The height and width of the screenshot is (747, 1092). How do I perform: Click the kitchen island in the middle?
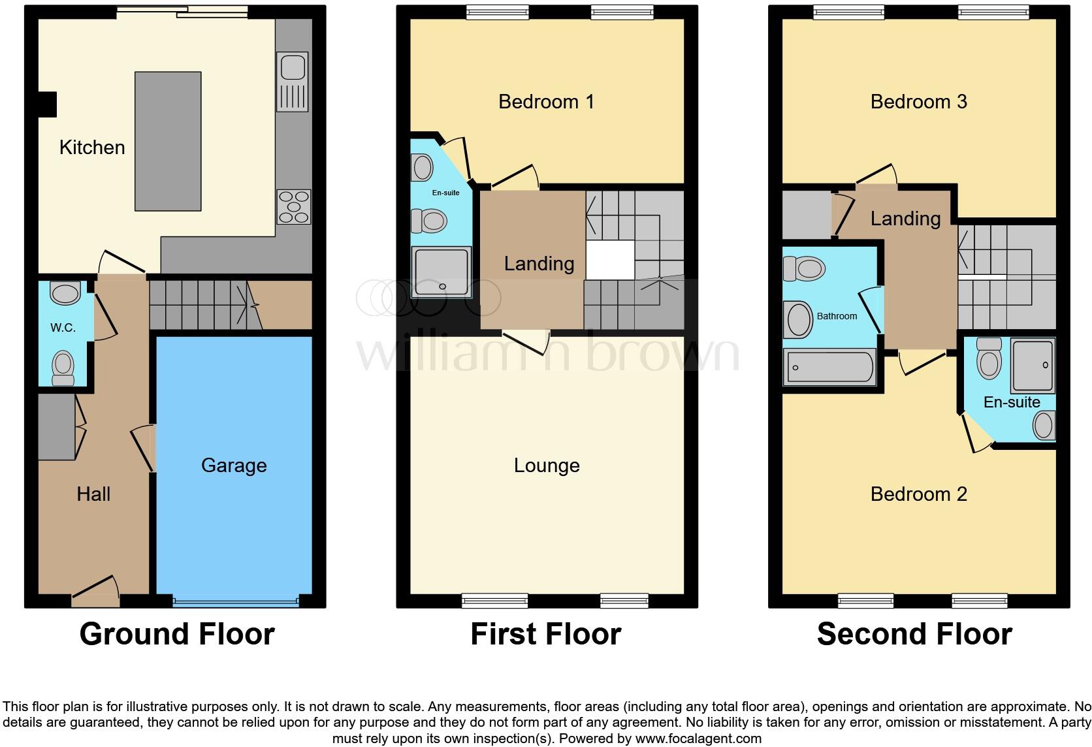tap(168, 141)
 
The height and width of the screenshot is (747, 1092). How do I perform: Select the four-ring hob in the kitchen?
tap(293, 206)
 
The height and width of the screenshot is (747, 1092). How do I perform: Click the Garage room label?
tap(234, 465)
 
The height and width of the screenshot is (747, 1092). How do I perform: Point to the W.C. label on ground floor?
tap(63, 328)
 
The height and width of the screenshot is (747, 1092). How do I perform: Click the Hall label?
tap(93, 494)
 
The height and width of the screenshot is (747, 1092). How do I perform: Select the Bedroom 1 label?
tap(546, 101)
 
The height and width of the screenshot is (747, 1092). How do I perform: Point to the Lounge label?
tap(547, 465)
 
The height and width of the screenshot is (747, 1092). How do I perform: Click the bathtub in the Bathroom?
tap(829, 367)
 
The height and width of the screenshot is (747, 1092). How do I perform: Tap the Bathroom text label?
tap(837, 316)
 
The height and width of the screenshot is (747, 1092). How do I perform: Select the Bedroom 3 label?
tap(918, 101)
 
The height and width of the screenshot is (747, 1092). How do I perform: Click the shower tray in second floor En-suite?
tap(1033, 364)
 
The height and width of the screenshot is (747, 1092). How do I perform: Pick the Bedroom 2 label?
tap(918, 494)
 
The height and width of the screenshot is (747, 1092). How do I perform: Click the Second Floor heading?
tap(914, 633)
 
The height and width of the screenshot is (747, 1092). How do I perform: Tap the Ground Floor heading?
tap(177, 633)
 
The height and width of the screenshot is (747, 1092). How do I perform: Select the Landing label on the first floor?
tap(539, 263)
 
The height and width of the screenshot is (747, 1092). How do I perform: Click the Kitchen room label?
tap(92, 147)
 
